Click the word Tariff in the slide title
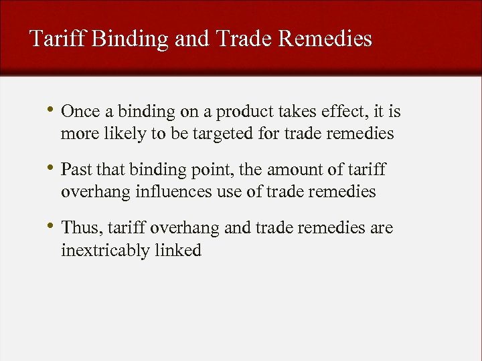pos(58,39)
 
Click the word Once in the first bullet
pos(79,112)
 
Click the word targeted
pos(221,134)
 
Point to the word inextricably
pos(103,250)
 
